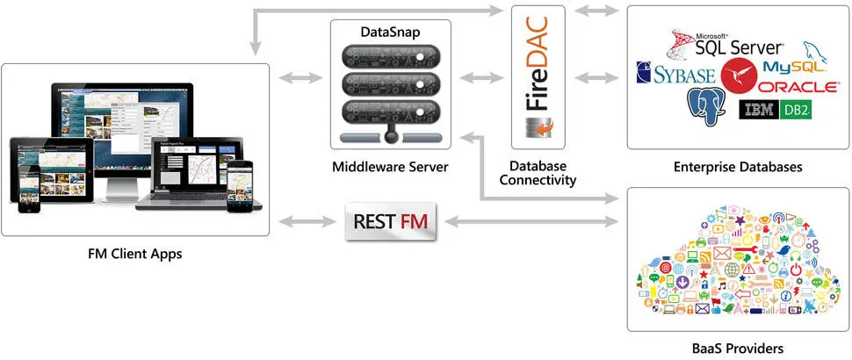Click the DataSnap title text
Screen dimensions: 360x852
click(390, 32)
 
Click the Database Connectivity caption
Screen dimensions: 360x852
click(538, 173)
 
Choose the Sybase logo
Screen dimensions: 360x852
click(675, 74)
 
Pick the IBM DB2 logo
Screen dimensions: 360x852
click(776, 110)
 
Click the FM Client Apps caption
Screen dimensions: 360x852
click(135, 254)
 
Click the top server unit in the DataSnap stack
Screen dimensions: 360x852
click(390, 58)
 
